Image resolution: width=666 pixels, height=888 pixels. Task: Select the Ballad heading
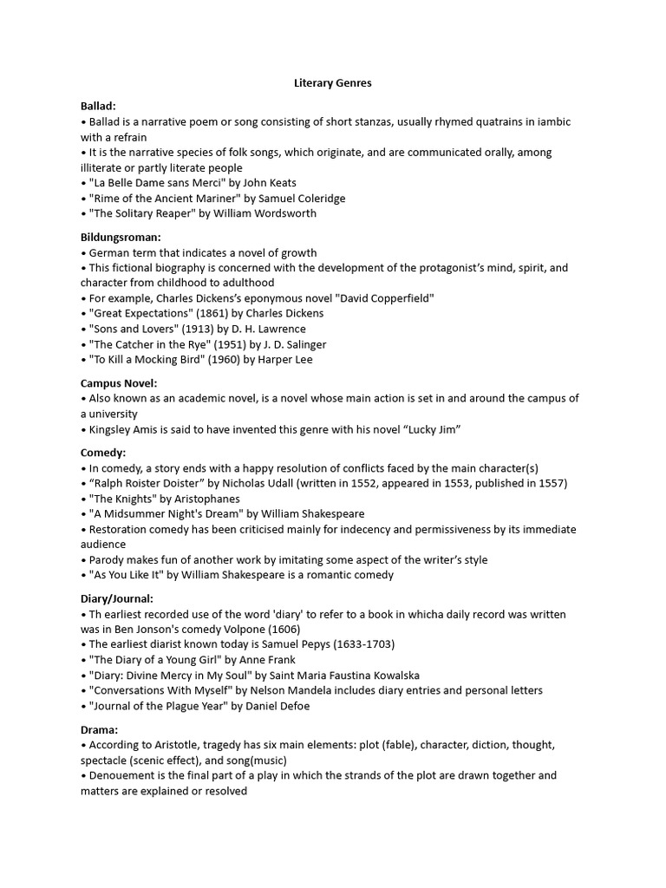pyautogui.click(x=98, y=106)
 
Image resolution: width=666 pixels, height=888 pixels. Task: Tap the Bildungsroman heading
pyautogui.click(x=121, y=237)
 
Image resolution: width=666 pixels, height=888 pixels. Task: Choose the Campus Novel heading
pyautogui.click(x=119, y=382)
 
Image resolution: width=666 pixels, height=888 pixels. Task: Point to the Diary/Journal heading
pyautogui.click(x=117, y=597)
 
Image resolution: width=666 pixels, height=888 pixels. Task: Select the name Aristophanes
pyautogui.click(x=204, y=499)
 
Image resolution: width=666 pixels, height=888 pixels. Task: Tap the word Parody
pyautogui.click(x=108, y=559)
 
